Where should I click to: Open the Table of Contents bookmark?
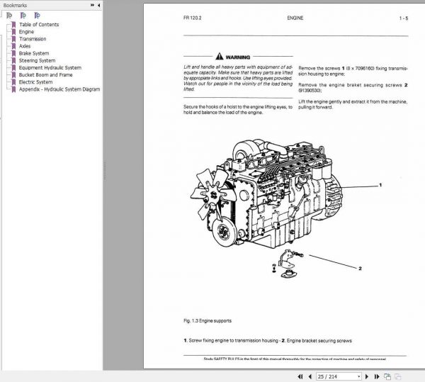click(x=39, y=25)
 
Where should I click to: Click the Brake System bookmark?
click(x=33, y=53)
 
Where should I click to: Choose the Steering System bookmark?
click(x=36, y=60)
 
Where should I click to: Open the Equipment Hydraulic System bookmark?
click(x=50, y=68)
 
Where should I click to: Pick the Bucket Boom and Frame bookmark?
click(x=45, y=75)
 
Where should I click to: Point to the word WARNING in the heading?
click(x=238, y=56)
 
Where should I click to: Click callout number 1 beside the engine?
click(x=380, y=184)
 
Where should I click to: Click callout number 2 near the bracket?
click(x=360, y=269)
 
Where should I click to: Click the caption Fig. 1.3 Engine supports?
click(x=207, y=320)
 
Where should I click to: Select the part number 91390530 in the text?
click(x=310, y=91)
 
